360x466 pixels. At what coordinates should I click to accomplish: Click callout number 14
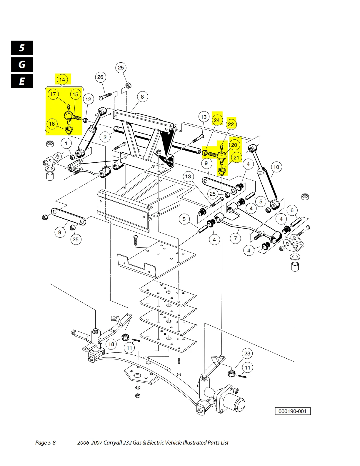(x=62, y=79)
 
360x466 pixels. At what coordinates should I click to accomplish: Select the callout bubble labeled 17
(x=53, y=94)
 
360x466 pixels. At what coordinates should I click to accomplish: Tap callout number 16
(x=52, y=124)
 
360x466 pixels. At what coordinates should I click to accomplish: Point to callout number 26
(x=100, y=77)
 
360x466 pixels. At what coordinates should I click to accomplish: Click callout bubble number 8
(x=142, y=96)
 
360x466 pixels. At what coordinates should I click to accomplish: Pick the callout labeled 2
(x=105, y=137)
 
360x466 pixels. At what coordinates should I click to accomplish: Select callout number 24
(x=217, y=120)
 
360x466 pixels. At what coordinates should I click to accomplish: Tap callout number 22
(x=231, y=124)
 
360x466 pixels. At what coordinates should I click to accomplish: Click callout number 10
(x=276, y=167)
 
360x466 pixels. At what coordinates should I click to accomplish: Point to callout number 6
(x=292, y=210)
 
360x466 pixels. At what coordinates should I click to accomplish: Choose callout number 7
(x=235, y=238)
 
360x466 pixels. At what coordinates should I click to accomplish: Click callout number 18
(x=111, y=344)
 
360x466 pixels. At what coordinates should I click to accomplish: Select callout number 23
(x=247, y=353)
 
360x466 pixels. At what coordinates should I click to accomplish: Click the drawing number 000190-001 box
(x=292, y=411)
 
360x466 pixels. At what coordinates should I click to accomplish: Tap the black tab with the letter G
(x=22, y=64)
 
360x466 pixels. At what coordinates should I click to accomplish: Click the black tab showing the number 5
(x=22, y=48)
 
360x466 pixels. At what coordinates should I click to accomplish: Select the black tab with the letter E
(x=22, y=81)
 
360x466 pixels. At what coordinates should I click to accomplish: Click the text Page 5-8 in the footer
(x=45, y=442)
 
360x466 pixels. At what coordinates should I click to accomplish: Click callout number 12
(x=89, y=99)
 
